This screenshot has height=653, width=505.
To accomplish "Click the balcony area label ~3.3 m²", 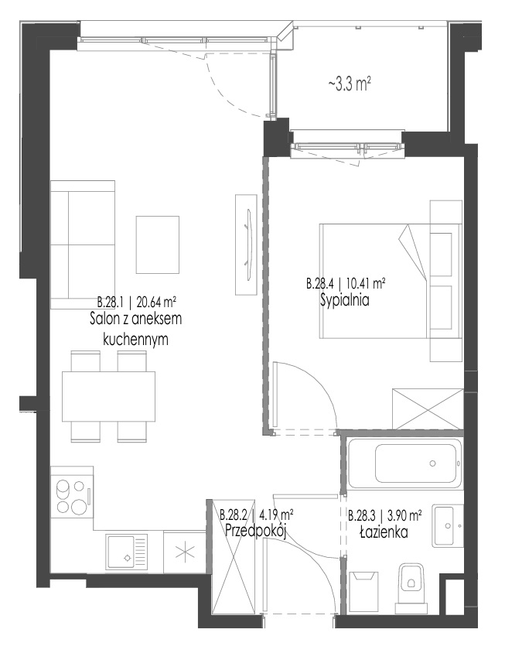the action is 350,84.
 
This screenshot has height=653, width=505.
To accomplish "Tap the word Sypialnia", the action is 345,300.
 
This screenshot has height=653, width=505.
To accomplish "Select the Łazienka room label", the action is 384,532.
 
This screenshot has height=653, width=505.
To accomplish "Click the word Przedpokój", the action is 256,531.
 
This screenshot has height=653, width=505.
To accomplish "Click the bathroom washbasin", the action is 448,525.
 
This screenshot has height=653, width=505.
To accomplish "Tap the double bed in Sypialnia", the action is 391,281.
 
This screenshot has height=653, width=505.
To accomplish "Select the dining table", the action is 108,396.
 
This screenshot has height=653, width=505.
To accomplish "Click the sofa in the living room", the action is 83,244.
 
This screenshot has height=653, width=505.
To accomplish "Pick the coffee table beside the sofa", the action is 157,244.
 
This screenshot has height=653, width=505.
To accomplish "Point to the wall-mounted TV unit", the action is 246,244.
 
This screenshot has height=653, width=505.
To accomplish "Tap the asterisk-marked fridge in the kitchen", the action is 185,552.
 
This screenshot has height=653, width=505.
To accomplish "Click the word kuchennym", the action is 135,340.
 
